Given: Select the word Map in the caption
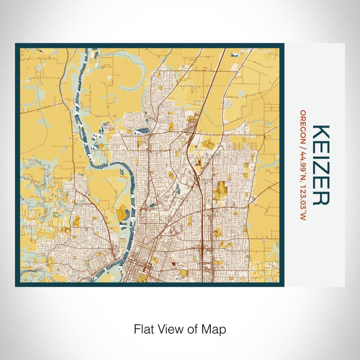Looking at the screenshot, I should [214, 328].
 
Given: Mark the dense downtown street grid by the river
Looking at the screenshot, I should [140, 267].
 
